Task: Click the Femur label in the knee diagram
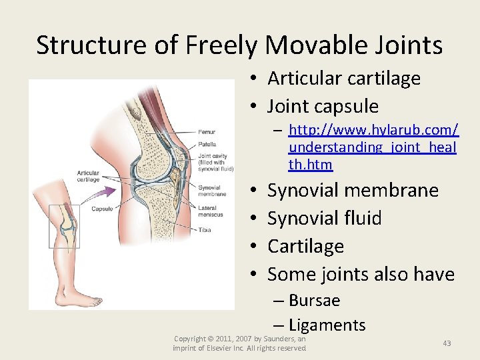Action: (207, 132)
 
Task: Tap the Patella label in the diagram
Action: (207, 145)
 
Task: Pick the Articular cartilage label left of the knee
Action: (87, 176)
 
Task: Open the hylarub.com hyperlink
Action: (373, 147)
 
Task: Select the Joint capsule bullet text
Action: (323, 106)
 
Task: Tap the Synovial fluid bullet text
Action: (324, 218)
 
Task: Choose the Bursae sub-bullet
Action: (315, 301)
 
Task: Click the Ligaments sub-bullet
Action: (327, 325)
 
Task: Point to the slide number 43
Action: (447, 343)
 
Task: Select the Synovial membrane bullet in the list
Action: (353, 190)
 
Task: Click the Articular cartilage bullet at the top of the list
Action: (343, 78)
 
